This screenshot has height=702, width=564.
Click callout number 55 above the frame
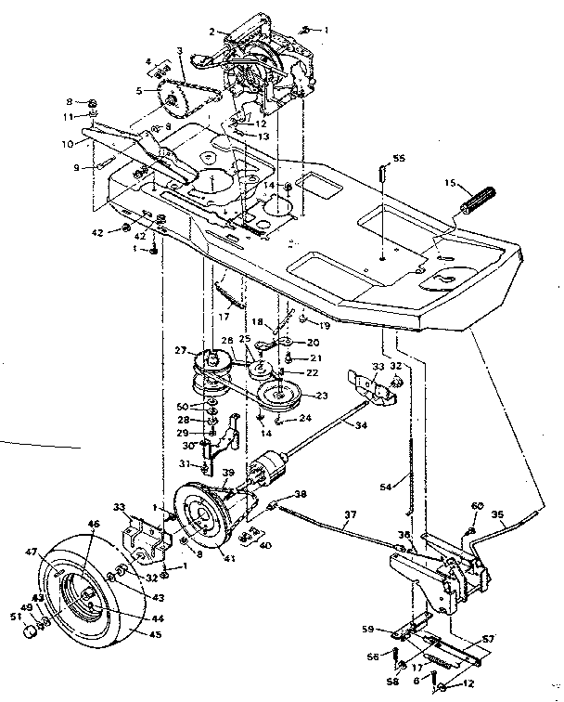coord(400,161)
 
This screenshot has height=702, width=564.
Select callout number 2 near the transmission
coord(211,32)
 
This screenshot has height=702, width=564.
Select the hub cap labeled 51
coord(31,631)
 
